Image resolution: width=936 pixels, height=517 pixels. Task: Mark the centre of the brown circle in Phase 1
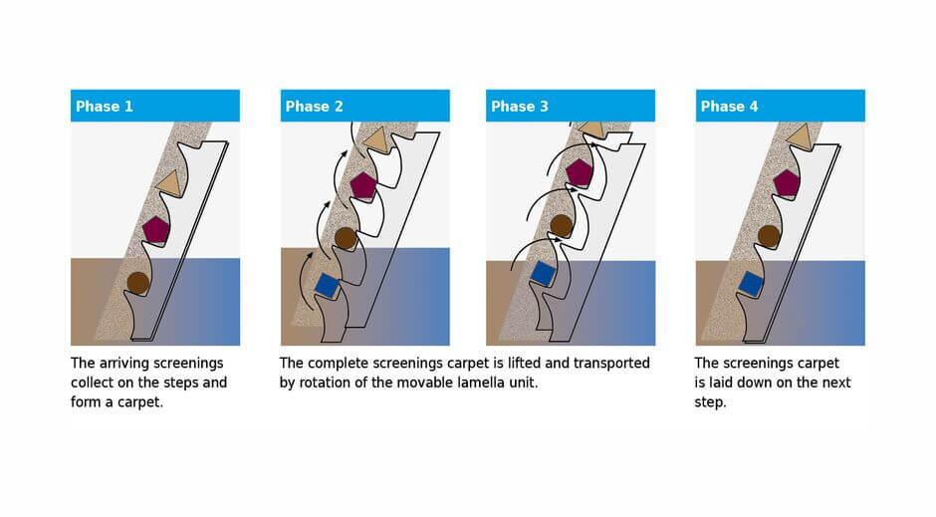[x=137, y=283]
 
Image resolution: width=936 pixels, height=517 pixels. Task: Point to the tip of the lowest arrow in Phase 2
[x=312, y=253]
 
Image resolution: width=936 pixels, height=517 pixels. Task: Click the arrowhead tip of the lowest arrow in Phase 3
[x=561, y=239]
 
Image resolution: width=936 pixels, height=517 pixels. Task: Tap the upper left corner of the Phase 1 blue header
[x=71, y=90]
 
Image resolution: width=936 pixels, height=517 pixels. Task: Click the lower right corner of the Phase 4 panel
[x=865, y=345]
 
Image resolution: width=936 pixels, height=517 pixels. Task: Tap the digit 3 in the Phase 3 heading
[x=544, y=107]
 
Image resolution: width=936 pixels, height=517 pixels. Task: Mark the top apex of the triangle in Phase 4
[x=805, y=125]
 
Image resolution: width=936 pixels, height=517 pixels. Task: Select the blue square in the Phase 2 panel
[x=328, y=285]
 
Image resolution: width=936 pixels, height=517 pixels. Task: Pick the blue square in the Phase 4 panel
[x=751, y=283]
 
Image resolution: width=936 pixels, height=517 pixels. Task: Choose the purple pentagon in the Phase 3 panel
[x=579, y=172]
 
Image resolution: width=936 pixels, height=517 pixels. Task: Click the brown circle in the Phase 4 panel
[x=769, y=236]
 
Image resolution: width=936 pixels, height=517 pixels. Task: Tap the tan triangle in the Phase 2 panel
[x=376, y=139]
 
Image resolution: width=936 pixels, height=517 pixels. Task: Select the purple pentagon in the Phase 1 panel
[x=156, y=229]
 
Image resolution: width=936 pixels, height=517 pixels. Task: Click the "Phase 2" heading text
[x=314, y=107]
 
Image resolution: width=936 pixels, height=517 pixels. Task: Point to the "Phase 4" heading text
[x=729, y=107]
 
